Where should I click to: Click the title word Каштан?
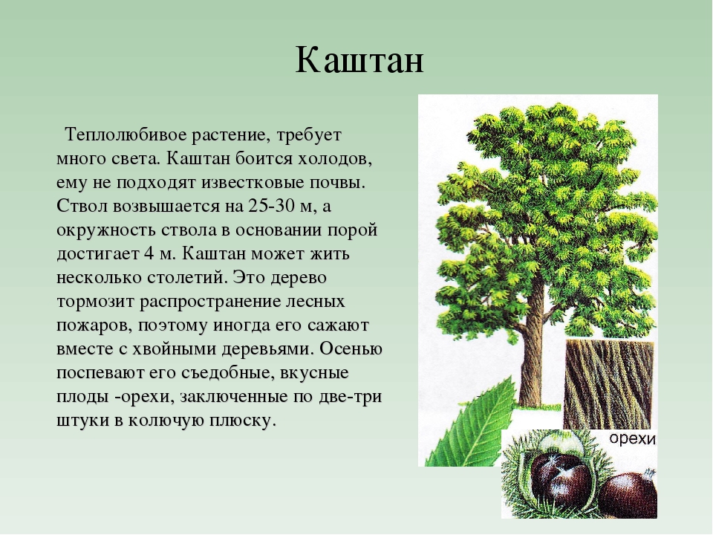359,60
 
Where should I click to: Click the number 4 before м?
149,253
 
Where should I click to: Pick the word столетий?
186,277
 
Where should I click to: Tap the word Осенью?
351,348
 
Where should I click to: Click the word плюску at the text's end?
243,421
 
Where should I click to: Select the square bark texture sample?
609,384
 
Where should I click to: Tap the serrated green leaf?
469,425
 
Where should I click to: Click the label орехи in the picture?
633,438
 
